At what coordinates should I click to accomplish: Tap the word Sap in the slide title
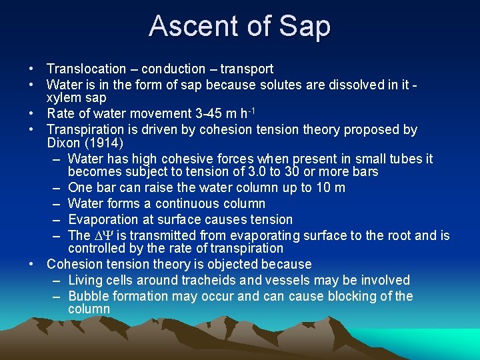point(305,26)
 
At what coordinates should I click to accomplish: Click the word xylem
point(63,97)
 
